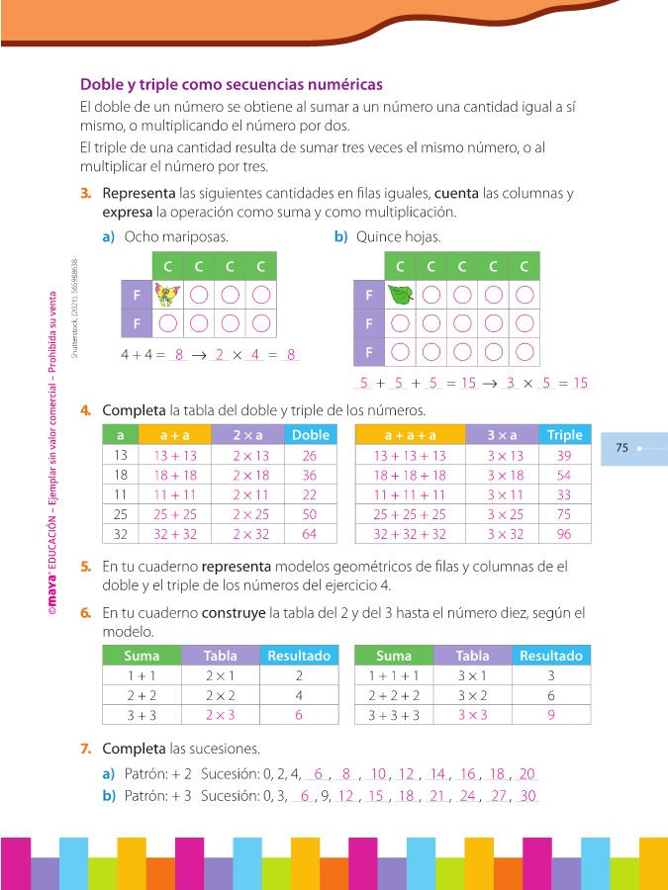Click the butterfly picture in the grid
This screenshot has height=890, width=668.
(169, 295)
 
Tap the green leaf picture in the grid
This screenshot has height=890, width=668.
(400, 295)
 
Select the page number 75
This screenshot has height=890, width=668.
(622, 448)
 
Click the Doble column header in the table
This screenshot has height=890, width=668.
(309, 435)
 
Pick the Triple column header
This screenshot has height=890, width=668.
(564, 435)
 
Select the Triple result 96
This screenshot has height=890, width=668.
(564, 534)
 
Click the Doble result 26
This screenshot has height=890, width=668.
(309, 456)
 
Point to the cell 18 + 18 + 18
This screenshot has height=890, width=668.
(410, 475)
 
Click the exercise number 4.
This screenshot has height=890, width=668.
(86, 410)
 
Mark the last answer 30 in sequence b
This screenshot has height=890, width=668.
(527, 796)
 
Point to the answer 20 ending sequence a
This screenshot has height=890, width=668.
(526, 774)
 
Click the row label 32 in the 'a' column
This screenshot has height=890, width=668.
(121, 534)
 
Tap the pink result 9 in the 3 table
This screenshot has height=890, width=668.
(550, 715)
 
